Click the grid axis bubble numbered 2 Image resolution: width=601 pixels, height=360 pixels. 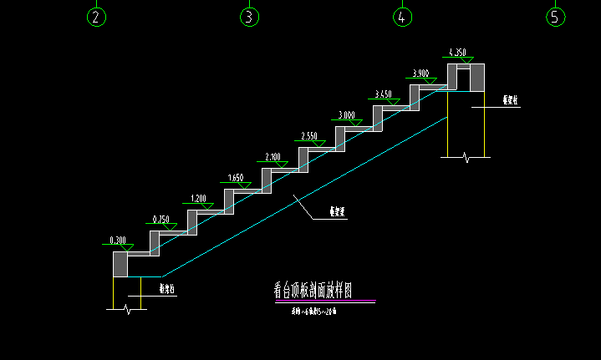coord(97,17)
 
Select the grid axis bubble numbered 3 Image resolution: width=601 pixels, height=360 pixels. coord(249,17)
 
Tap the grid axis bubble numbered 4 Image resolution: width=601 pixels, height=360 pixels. coord(402,17)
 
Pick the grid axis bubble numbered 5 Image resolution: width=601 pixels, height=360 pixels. coord(556,17)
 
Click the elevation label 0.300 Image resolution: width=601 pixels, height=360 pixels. coord(118,241)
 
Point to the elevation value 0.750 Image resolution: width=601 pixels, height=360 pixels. coord(160,219)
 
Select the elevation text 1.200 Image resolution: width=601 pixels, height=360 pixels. coord(199,198)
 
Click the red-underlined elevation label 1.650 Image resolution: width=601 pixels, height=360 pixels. coord(236,178)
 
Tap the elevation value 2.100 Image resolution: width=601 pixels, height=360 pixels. coord(272,157)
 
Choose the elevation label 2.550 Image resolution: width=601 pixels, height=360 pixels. coord(309,136)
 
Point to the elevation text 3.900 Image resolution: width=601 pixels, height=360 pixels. coord(420,74)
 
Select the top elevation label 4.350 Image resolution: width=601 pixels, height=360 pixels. coord(457,53)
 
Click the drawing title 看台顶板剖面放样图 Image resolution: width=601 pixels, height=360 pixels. coord(313,291)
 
